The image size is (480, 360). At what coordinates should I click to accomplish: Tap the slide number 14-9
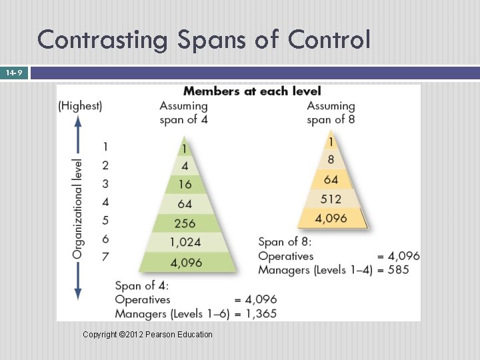point(14,72)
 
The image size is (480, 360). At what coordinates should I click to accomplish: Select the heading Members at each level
point(252,91)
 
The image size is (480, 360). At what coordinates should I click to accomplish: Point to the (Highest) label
point(80,105)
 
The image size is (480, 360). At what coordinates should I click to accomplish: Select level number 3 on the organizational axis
point(105,183)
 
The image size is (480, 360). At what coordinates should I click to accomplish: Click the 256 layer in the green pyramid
point(185,223)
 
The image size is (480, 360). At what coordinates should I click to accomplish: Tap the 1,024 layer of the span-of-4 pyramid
point(185,242)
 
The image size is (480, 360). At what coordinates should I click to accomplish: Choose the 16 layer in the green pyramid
point(185,185)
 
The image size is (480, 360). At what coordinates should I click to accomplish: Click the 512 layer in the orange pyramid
point(331,199)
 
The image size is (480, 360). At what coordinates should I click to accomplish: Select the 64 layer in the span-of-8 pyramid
point(331,179)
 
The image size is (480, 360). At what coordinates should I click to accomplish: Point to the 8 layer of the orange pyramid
point(331,160)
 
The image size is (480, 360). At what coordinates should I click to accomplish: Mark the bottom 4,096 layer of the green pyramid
point(186,262)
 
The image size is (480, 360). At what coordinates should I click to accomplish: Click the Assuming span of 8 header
point(331,113)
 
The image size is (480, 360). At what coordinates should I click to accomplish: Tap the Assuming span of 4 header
point(183,113)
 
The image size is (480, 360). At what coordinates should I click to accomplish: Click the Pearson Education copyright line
point(147,334)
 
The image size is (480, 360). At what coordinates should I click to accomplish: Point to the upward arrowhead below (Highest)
point(78,121)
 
